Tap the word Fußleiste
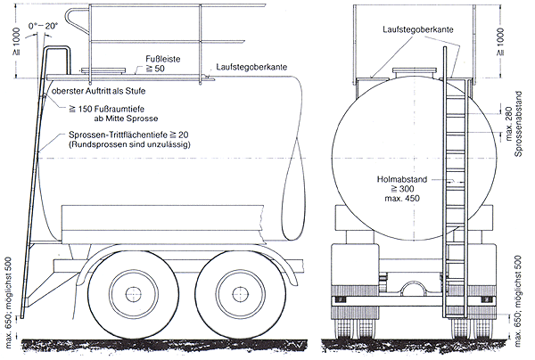click(x=162, y=57)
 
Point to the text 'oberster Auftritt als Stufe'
click(x=99, y=91)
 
